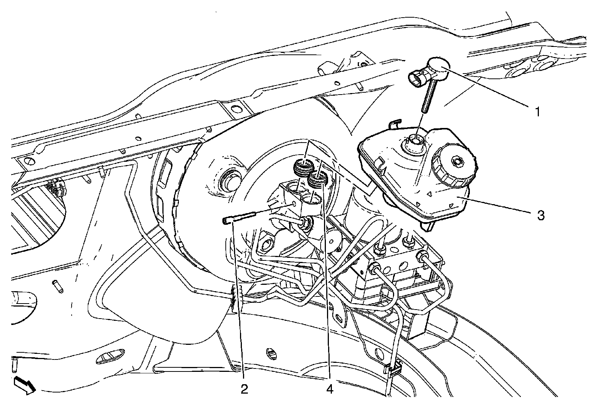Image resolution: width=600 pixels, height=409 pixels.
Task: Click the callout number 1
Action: point(537,111)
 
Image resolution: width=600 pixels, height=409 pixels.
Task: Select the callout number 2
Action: point(244,389)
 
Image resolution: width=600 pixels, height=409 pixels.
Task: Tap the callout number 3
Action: point(540,215)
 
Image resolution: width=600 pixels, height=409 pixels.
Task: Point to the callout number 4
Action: point(330,389)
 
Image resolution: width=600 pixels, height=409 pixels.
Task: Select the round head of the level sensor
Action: point(439,68)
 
